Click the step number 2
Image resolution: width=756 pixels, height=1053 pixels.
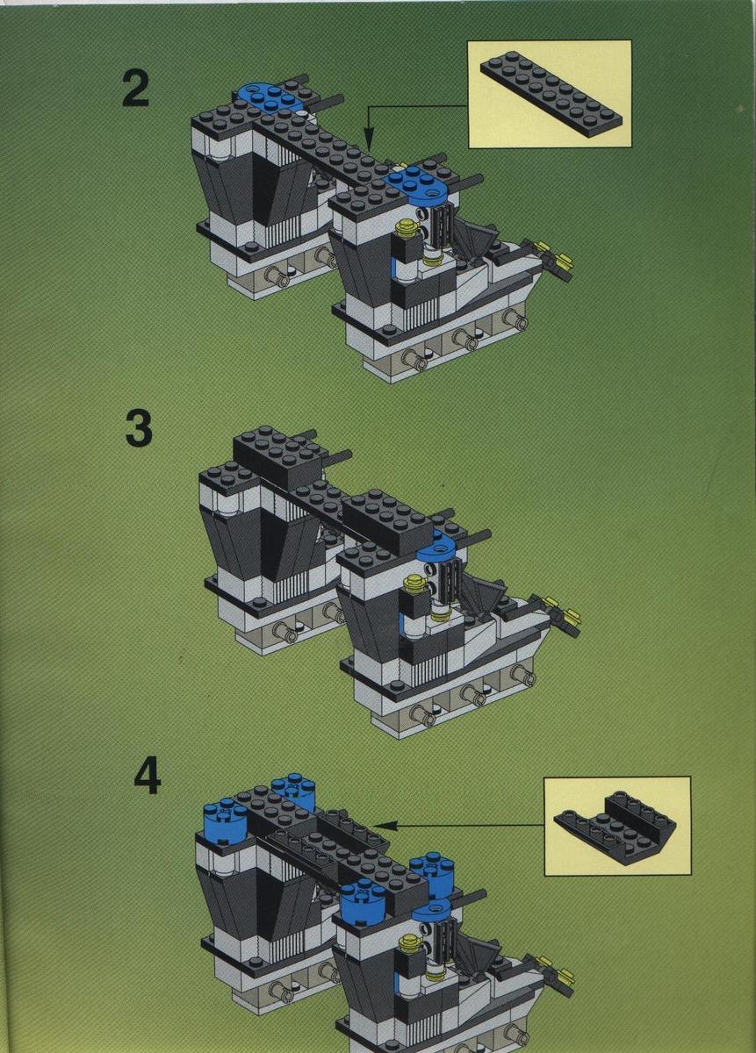[136, 88]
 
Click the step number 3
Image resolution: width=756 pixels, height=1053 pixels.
[139, 428]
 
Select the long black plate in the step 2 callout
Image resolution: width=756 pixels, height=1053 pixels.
[551, 95]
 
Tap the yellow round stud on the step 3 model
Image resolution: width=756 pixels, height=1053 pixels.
[414, 582]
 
